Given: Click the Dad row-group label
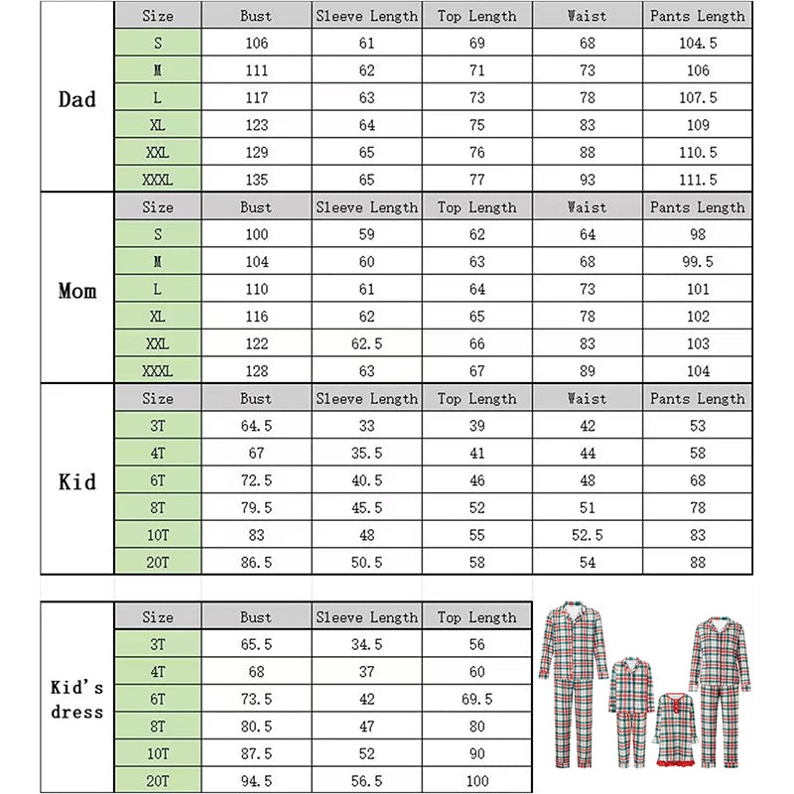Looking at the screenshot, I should [76, 98].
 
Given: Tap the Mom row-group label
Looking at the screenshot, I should [76, 291].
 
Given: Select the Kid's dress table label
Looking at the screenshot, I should [76, 699].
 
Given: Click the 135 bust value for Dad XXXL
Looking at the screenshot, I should [255, 180].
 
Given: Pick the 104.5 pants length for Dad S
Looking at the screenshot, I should [697, 44].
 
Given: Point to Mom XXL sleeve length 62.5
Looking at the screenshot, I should [366, 343].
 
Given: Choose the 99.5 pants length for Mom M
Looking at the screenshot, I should [697, 262].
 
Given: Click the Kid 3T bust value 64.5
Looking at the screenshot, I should [255, 426].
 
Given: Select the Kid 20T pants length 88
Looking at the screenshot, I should [697, 562].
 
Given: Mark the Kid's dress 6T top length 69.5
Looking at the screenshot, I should [477, 699].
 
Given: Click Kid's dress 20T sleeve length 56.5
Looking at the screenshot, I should [366, 780].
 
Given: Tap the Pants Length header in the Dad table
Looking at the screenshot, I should [697, 16].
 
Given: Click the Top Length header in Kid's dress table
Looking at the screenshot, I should [477, 617].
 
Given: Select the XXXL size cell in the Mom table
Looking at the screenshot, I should [157, 371].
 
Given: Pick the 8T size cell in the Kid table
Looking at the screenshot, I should [157, 507].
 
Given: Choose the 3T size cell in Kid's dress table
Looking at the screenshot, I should [157, 644].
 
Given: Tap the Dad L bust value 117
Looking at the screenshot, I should [255, 98].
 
